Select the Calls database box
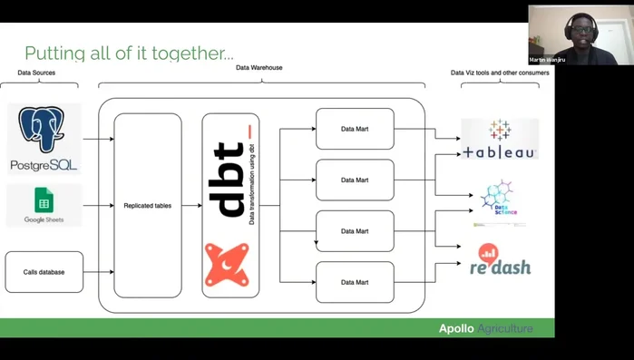44,272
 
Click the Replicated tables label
148,206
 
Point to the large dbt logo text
230,179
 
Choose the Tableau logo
499,140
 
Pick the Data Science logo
500,202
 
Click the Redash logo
500,259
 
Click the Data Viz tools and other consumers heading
500,73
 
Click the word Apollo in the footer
456,328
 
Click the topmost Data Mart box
355,129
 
